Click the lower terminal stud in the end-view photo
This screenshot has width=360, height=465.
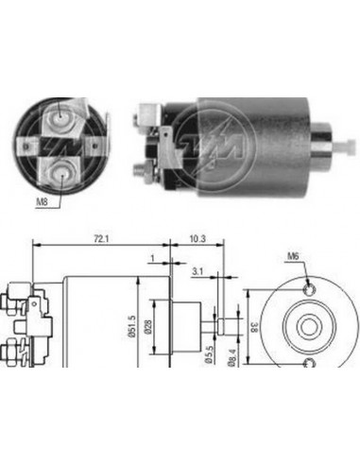click(x=61, y=171)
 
